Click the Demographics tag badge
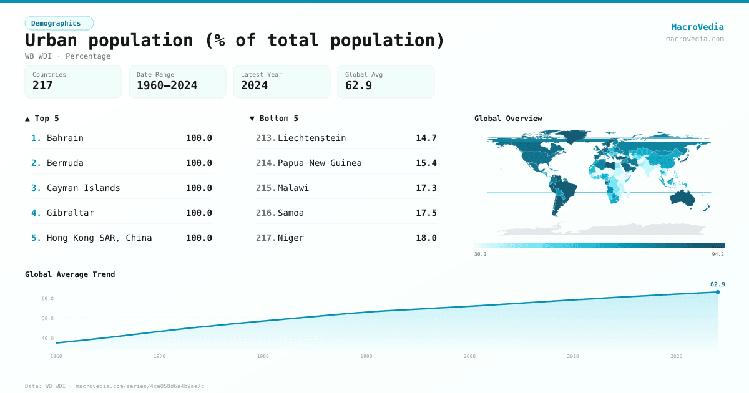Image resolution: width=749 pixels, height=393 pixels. tap(59, 23)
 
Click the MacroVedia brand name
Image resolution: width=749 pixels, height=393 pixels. tap(697, 27)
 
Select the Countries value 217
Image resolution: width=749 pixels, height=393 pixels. tap(42, 85)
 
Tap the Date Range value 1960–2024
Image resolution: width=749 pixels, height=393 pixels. tap(167, 85)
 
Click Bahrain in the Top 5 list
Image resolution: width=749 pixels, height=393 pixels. tap(65, 138)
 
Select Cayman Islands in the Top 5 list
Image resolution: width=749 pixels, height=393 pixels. tap(83, 188)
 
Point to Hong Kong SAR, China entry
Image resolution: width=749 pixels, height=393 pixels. tap(99, 238)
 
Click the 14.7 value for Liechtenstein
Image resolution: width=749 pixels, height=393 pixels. tap(426, 138)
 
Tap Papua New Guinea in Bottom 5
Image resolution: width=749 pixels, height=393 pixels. tap(320, 163)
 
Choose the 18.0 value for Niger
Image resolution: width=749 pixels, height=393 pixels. tap(426, 238)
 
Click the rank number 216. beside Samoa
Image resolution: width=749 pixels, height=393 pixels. tap(266, 213)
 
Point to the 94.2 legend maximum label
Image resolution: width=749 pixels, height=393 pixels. tap(718, 254)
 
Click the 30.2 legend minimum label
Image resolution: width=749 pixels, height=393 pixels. tap(480, 254)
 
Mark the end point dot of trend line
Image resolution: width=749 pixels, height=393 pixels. tap(717, 292)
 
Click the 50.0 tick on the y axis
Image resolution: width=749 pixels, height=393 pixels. tap(47, 318)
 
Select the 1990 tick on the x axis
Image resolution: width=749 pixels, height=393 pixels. tap(366, 356)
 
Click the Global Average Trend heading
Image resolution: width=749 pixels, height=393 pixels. tap(70, 274)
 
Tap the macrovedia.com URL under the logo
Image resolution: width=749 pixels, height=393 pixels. tap(695, 39)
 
